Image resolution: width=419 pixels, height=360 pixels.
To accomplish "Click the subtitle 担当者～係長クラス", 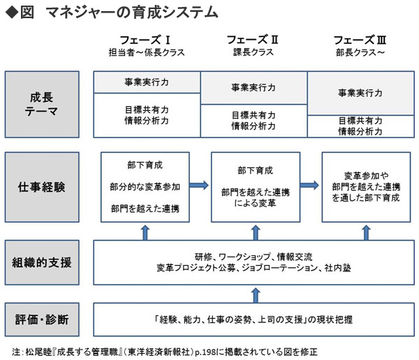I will [147, 52].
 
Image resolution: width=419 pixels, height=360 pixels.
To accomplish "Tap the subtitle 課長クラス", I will [253, 52].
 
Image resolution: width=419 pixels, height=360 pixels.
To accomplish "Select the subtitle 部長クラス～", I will [360, 52].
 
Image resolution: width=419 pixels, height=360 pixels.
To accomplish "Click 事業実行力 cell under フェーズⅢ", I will [360, 93].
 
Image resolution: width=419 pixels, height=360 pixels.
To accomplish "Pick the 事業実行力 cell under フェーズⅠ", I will [147, 82].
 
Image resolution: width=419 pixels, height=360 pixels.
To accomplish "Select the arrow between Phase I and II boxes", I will [200, 186].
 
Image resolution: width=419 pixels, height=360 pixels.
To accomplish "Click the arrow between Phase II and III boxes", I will [308, 186].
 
